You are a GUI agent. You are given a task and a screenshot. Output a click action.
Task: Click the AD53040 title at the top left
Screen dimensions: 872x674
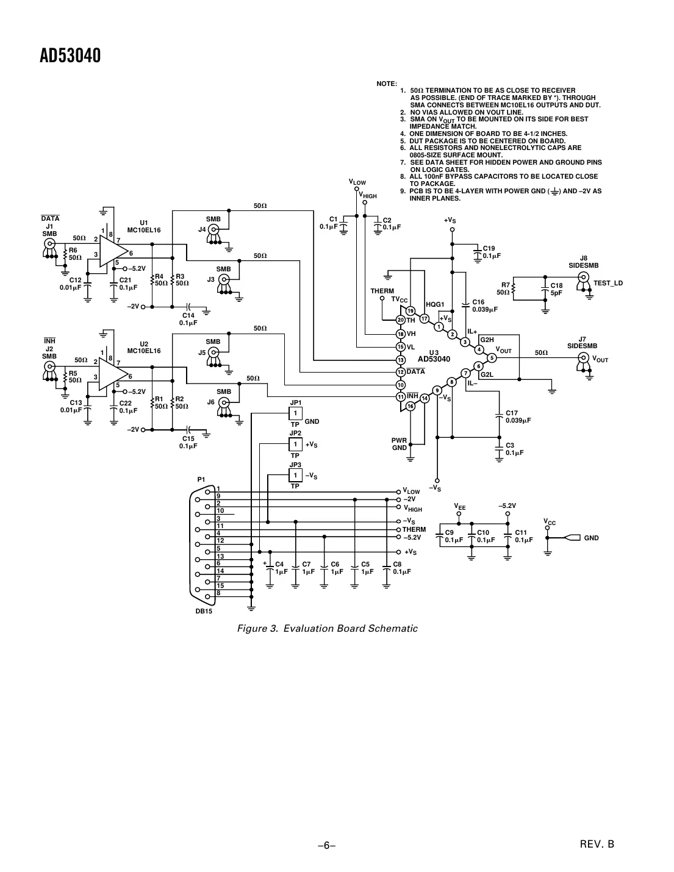(x=70, y=56)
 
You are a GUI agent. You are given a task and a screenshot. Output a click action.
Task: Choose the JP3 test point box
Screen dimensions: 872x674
(x=295, y=476)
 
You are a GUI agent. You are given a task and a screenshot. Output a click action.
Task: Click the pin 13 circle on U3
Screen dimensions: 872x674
(x=401, y=360)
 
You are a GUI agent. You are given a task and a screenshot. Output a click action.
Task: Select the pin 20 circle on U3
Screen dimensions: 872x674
(x=401, y=320)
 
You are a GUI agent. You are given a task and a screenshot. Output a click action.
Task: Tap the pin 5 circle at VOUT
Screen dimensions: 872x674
(x=492, y=358)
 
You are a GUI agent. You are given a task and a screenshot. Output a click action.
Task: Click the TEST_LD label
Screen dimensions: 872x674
(x=608, y=284)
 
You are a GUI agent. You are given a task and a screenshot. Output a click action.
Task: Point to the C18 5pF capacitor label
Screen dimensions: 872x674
(x=557, y=289)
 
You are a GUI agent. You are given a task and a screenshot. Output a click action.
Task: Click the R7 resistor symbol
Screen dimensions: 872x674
(x=514, y=289)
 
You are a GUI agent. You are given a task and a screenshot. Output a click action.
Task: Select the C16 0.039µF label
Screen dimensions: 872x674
(x=485, y=306)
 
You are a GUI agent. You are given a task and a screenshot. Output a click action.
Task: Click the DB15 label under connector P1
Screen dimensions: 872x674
(x=204, y=612)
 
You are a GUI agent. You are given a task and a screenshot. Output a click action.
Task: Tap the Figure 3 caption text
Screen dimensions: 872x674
(x=327, y=629)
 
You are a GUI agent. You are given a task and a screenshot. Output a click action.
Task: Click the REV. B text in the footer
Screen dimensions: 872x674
(x=597, y=845)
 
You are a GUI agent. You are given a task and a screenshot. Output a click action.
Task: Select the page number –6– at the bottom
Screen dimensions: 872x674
(x=327, y=845)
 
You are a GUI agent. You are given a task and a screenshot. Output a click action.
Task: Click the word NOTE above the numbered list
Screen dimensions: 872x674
(x=387, y=84)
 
